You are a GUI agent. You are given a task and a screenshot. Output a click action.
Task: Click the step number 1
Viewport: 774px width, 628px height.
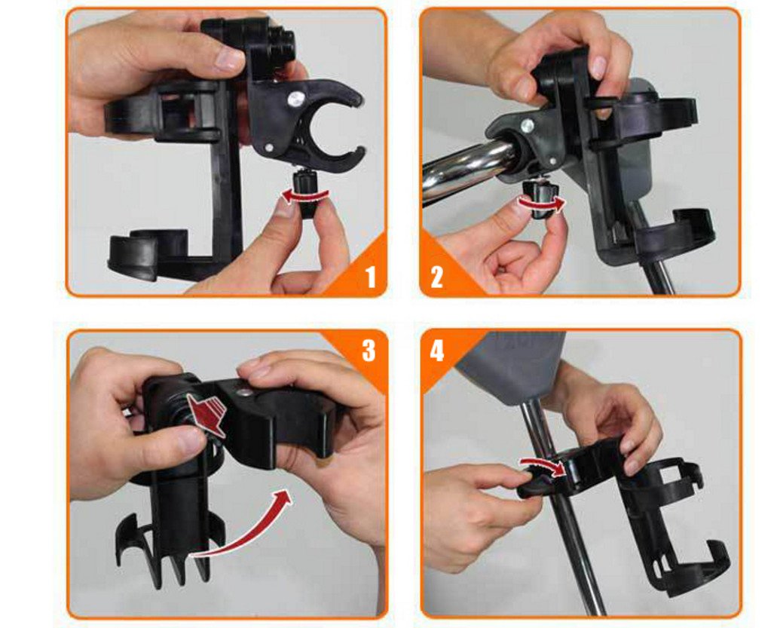pyautogui.click(x=370, y=277)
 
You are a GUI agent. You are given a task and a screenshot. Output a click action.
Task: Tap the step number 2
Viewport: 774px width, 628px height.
pyautogui.click(x=436, y=277)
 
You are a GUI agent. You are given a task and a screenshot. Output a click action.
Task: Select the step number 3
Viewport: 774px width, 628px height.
pyautogui.click(x=369, y=350)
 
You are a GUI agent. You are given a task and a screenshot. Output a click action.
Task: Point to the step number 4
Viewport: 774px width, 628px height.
pyautogui.click(x=436, y=351)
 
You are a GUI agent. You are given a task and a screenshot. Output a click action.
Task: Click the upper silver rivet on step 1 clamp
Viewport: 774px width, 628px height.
pyautogui.click(x=296, y=100)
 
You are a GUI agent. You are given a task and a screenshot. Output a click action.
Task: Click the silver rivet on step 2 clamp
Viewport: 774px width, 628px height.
pyautogui.click(x=528, y=124)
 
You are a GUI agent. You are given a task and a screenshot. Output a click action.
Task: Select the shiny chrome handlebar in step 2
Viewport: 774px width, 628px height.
pyautogui.click(x=469, y=168)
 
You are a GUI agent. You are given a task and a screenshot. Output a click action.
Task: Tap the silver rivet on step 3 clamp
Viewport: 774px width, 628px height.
pyautogui.click(x=243, y=393)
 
